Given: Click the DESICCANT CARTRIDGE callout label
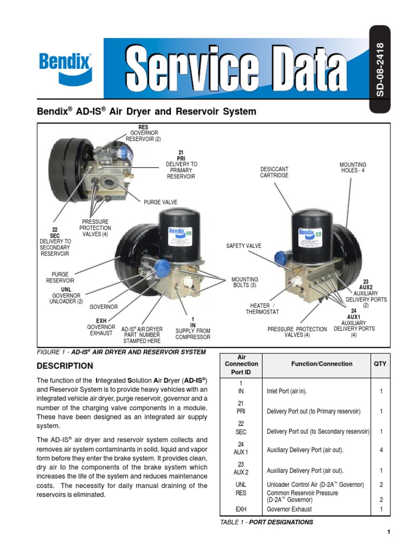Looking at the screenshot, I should [x=274, y=172].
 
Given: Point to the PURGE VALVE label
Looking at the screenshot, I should [x=160, y=202].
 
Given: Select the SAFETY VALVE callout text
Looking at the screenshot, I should [x=243, y=246].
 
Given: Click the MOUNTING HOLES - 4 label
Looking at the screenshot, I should [x=353, y=168].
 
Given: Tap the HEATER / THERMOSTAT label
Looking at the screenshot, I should [x=262, y=308].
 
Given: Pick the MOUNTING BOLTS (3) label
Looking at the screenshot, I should [x=245, y=282].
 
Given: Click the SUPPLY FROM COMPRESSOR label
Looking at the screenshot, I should [x=193, y=334].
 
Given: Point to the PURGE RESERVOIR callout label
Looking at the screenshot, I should [x=60, y=278].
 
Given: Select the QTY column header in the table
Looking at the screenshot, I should [x=380, y=364].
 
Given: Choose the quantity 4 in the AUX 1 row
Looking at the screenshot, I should [x=381, y=450].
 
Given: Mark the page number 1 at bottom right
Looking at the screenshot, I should [x=388, y=532].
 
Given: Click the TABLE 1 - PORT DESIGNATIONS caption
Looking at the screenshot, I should [x=266, y=522].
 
